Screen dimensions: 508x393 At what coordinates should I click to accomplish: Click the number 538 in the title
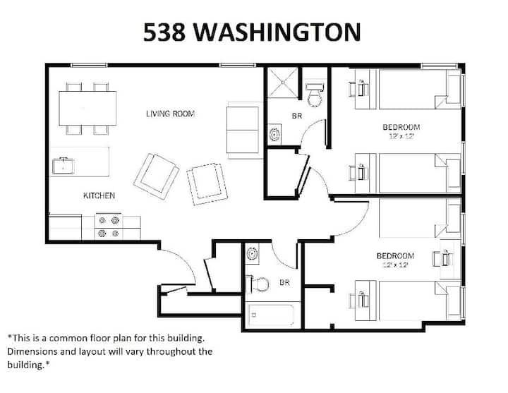(x=164, y=32)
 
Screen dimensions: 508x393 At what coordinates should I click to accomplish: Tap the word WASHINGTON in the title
(x=277, y=32)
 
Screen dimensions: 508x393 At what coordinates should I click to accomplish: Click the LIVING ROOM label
(x=171, y=114)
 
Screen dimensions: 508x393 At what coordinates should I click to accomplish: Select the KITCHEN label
(x=99, y=195)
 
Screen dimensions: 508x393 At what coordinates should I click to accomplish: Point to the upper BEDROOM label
(x=401, y=127)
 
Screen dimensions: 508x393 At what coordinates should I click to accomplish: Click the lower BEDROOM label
(x=395, y=255)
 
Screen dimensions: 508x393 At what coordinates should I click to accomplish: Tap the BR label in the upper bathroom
(x=297, y=116)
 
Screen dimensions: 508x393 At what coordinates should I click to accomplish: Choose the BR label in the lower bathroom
(x=284, y=282)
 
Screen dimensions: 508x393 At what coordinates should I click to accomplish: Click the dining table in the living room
(x=87, y=108)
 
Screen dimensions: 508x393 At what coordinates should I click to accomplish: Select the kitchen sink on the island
(x=64, y=166)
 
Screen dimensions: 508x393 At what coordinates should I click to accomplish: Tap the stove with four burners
(x=109, y=226)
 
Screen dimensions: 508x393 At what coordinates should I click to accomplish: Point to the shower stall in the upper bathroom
(x=282, y=83)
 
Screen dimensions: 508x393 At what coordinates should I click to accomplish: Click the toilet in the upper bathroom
(x=314, y=95)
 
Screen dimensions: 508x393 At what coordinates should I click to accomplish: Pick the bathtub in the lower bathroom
(x=272, y=315)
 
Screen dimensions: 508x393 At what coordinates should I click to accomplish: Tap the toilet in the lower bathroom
(x=258, y=284)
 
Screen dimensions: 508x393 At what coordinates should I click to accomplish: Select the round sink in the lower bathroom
(x=252, y=253)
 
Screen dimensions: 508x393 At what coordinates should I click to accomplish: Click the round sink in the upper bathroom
(x=274, y=134)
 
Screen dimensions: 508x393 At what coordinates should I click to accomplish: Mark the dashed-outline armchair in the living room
(x=207, y=184)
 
